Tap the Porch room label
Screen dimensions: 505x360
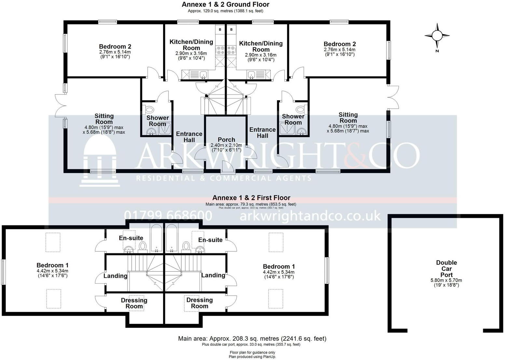click(x=226, y=140)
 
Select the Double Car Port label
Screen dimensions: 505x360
click(x=446, y=268)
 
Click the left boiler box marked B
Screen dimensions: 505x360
click(x=220, y=30)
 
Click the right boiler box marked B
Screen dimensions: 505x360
click(x=231, y=30)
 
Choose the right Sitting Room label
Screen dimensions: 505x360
click(x=348, y=117)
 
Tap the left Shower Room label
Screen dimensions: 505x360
click(x=157, y=121)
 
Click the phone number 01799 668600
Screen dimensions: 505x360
click(x=168, y=216)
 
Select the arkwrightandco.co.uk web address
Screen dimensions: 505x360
click(x=310, y=216)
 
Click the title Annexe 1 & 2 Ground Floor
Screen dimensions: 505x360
click(x=225, y=5)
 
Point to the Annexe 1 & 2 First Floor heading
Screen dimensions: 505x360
click(x=251, y=198)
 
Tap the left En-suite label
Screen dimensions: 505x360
click(x=131, y=238)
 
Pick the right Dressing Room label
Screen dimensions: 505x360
click(x=199, y=303)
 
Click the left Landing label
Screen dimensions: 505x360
click(x=115, y=276)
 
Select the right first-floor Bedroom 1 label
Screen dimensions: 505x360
click(x=279, y=266)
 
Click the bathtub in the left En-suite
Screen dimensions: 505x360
click(x=156, y=238)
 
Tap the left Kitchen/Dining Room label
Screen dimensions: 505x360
click(x=191, y=45)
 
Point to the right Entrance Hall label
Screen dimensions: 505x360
click(x=262, y=132)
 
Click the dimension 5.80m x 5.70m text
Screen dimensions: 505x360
click(x=446, y=280)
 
